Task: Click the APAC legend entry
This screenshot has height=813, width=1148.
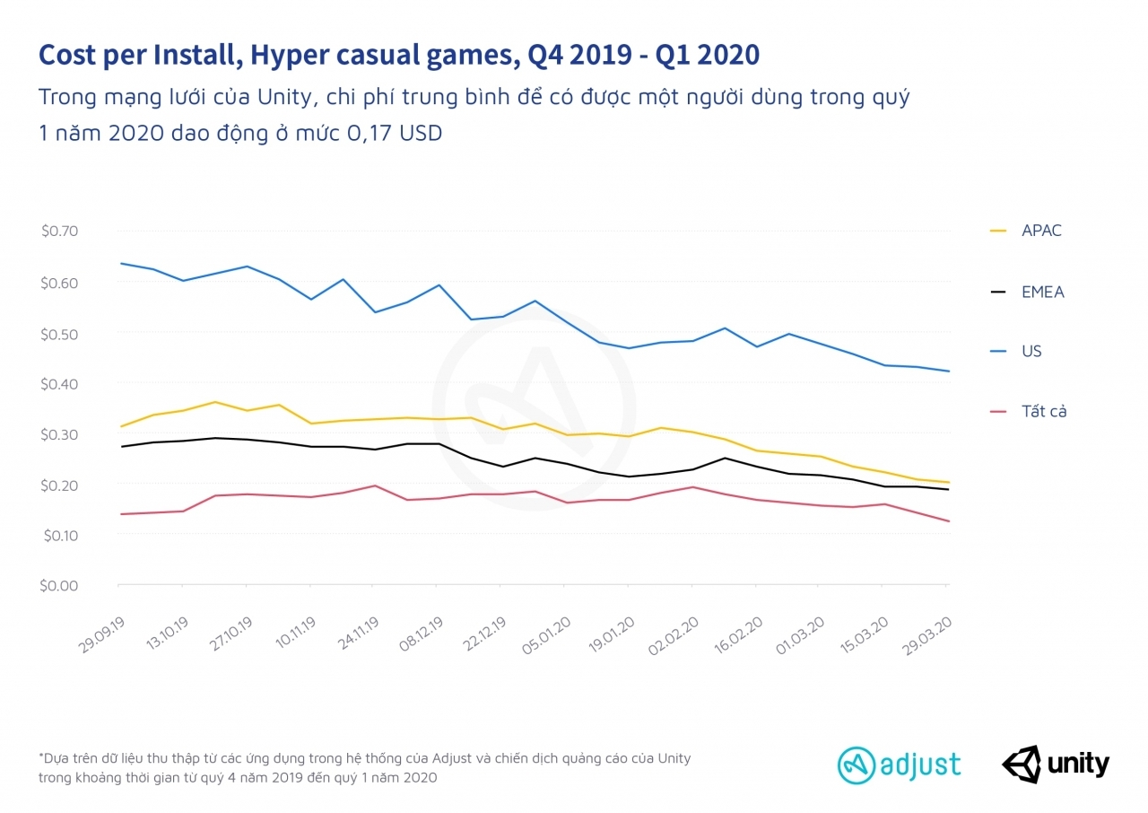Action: (1040, 231)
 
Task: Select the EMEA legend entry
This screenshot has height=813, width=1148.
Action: (1042, 292)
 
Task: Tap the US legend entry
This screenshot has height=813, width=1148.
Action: (1031, 351)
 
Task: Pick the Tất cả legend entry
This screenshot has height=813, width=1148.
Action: (1044, 412)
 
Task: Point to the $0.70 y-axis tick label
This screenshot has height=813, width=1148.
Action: (60, 231)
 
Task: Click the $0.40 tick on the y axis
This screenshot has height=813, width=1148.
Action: (60, 383)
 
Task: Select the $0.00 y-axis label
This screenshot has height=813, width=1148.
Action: (60, 585)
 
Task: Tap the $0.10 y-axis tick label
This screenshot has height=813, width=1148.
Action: (60, 535)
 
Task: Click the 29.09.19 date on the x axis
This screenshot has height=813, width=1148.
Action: (100, 634)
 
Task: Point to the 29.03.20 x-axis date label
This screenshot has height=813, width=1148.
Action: (927, 634)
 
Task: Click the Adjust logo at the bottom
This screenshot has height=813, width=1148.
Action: (900, 765)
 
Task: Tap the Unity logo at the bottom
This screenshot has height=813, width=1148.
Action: (1056, 765)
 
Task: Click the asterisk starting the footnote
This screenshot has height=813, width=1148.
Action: (40, 756)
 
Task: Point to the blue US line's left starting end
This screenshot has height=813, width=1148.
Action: (120, 264)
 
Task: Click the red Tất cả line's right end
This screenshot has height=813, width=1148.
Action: (949, 521)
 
